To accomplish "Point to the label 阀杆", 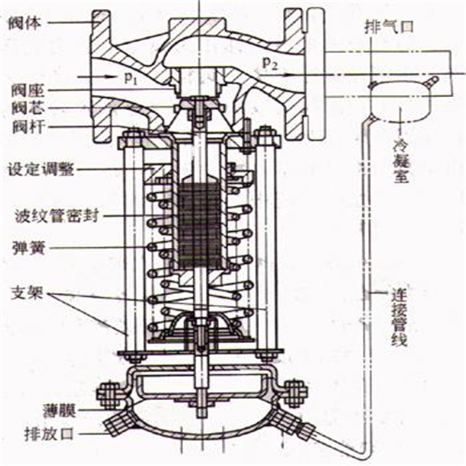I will [x=25, y=126].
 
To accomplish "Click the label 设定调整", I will [x=40, y=170].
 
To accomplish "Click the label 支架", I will [x=25, y=293].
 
